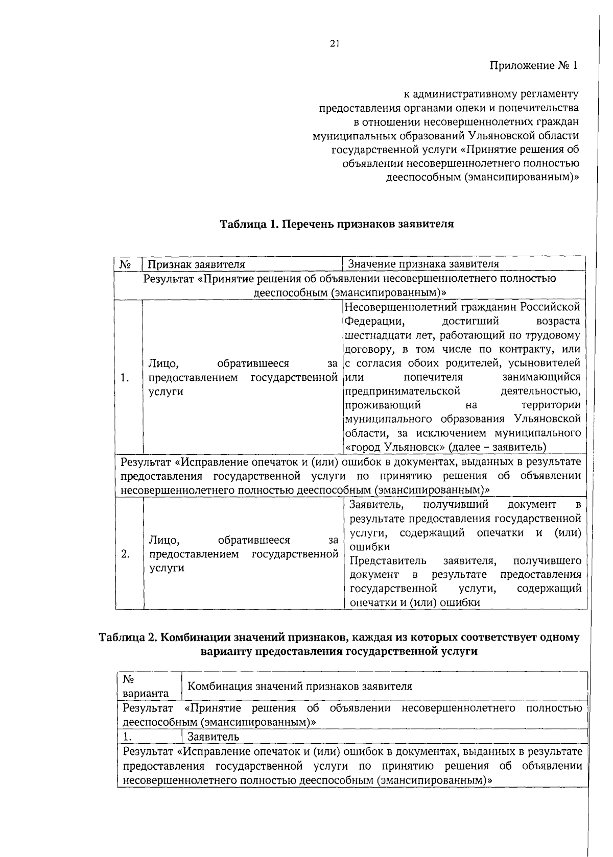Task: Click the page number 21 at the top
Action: (334, 44)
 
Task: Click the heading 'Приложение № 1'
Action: (534, 65)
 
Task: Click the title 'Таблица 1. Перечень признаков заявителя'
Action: (337, 224)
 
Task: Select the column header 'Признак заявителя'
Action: (196, 264)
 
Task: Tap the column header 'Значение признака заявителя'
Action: (423, 264)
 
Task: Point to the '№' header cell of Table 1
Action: (126, 264)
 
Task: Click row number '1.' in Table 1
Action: (124, 378)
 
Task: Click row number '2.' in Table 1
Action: (125, 554)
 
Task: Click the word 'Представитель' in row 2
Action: (388, 561)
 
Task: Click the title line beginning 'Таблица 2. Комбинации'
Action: (339, 638)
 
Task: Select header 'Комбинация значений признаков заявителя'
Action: (300, 687)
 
